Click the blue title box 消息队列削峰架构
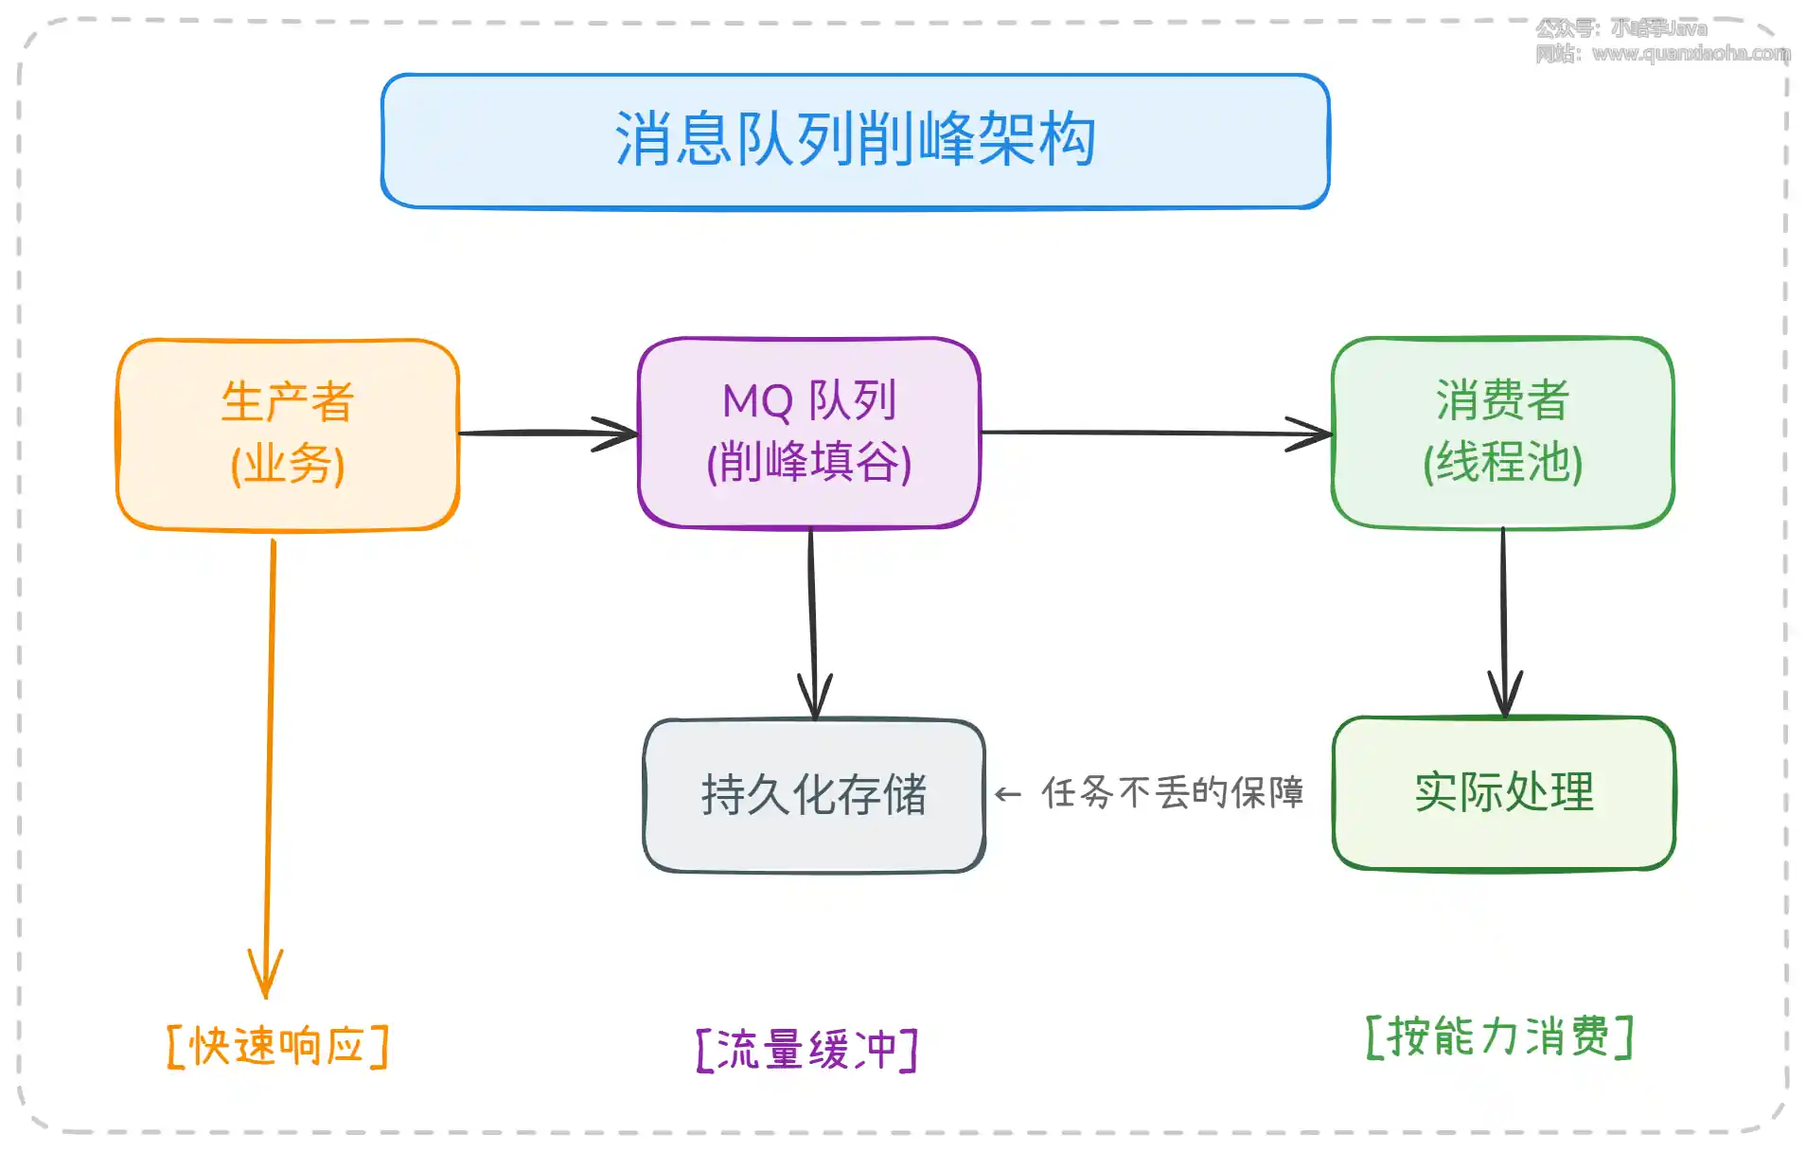pyautogui.click(x=855, y=141)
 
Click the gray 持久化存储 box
pyautogui.click(x=813, y=795)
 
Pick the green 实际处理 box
pyautogui.click(x=1503, y=792)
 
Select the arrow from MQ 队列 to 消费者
pyautogui.click(x=1155, y=434)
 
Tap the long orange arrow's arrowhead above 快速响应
pyautogui.click(x=266, y=975)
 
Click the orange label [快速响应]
pyautogui.click(x=277, y=1047)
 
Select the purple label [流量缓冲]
pyautogui.click(x=806, y=1050)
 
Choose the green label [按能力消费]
pyautogui.click(x=1499, y=1036)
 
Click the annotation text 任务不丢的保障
pyautogui.click(x=1173, y=793)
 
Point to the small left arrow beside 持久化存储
pyautogui.click(x=1008, y=795)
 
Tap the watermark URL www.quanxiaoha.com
pyautogui.click(x=1690, y=54)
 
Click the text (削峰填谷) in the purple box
pyautogui.click(x=808, y=462)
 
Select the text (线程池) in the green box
pyautogui.click(x=1502, y=463)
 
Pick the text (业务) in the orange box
pyautogui.click(x=287, y=465)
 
